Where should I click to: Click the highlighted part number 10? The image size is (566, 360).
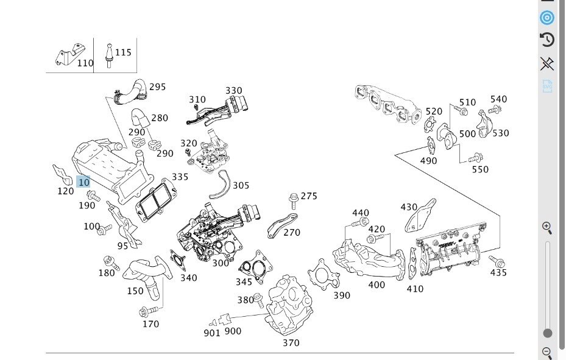point(83,182)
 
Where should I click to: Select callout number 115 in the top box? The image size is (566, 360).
point(123,53)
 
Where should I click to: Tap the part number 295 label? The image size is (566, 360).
point(157,87)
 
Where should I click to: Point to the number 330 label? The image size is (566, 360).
point(234,91)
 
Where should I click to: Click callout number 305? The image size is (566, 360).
point(241,185)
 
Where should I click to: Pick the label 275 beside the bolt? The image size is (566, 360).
point(309,196)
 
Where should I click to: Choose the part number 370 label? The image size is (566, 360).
point(291,343)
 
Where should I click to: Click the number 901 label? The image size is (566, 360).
point(212,333)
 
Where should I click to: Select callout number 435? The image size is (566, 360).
point(498,273)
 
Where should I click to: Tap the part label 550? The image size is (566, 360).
point(480,169)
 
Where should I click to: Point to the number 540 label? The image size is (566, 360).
point(498,99)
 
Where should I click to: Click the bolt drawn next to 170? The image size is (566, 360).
point(145,312)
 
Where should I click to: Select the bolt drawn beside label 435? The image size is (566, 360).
point(497,261)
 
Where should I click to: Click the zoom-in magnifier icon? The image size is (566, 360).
point(547,228)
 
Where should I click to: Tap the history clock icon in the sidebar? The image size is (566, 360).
point(547,40)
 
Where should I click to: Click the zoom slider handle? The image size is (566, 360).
point(548,333)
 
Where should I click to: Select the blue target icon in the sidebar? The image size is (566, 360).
point(547,17)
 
